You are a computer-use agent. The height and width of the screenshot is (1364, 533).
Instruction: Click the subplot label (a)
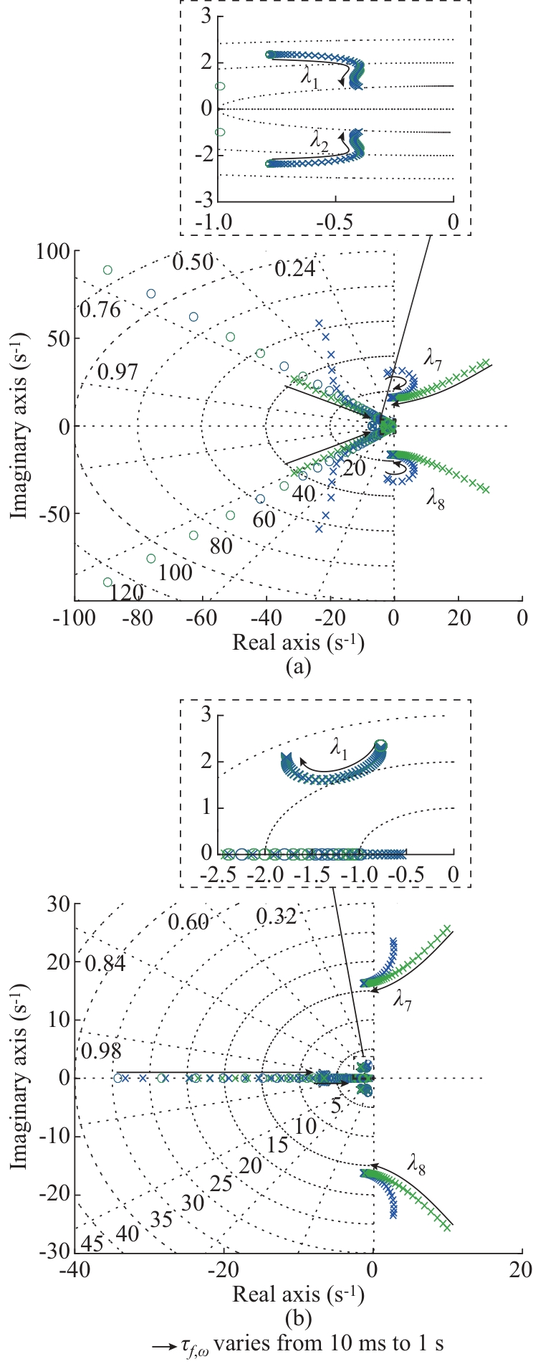click(297, 667)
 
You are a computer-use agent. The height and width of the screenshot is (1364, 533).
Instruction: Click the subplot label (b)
click(297, 1317)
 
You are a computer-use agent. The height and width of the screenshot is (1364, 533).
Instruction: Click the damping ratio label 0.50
click(193, 262)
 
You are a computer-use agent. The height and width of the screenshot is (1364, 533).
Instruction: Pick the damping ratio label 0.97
click(117, 371)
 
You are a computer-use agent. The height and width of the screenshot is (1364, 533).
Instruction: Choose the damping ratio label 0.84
click(105, 964)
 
